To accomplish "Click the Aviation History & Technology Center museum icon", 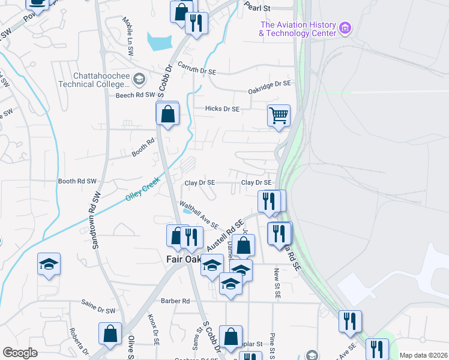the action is click(345, 28).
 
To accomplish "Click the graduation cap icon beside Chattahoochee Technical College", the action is click(139, 79).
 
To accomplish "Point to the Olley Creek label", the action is click(143, 190).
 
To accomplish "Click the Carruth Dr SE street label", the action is click(196, 71).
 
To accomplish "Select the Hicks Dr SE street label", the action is click(222, 109).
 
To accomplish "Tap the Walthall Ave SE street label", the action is click(199, 214).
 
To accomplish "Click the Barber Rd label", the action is click(175, 301).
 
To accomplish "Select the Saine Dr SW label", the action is click(98, 307).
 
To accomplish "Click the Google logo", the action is click(20, 352).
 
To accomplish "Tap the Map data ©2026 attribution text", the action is click(423, 355).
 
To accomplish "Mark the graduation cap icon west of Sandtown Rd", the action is click(49, 263).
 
